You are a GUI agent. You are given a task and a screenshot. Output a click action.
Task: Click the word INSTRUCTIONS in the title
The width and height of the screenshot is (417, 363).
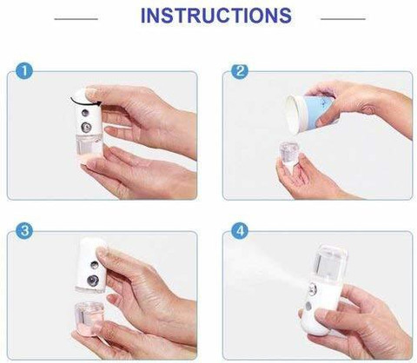click(x=216, y=16)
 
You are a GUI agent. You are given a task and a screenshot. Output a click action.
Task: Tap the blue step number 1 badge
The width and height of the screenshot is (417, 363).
click(x=24, y=71)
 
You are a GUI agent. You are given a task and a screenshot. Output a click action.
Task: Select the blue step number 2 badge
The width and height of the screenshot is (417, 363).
click(x=240, y=71)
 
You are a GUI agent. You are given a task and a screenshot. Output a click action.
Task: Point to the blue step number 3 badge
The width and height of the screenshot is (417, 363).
click(x=24, y=231)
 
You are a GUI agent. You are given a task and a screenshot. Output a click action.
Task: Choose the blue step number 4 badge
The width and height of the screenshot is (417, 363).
click(x=240, y=231)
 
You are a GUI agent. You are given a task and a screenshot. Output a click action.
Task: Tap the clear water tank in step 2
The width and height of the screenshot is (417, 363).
click(x=288, y=153)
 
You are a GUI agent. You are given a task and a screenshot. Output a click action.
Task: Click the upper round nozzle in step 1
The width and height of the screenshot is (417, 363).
click(x=84, y=112)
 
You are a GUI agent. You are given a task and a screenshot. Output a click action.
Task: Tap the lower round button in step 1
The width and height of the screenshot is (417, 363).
click(x=86, y=126)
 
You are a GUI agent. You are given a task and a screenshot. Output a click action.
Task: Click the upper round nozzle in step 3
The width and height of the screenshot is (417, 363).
click(x=94, y=264)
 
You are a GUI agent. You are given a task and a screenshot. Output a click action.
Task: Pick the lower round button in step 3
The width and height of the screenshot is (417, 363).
click(x=93, y=280)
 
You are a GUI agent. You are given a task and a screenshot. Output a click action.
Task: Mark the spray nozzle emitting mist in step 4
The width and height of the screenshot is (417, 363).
click(x=312, y=288)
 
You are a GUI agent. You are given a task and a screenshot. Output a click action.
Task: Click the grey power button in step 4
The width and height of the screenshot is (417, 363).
click(x=308, y=307)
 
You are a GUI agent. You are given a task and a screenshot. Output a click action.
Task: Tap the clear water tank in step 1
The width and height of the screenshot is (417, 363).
click(x=89, y=146)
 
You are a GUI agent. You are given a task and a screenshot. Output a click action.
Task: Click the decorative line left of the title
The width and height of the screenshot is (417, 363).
click(x=76, y=19)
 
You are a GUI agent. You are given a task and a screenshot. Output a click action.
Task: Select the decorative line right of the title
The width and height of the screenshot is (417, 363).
click(x=343, y=19)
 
